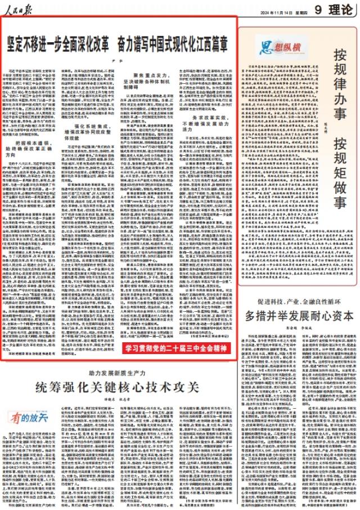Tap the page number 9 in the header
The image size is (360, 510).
[x=318, y=10]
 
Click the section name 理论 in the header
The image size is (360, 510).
[x=340, y=10]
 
